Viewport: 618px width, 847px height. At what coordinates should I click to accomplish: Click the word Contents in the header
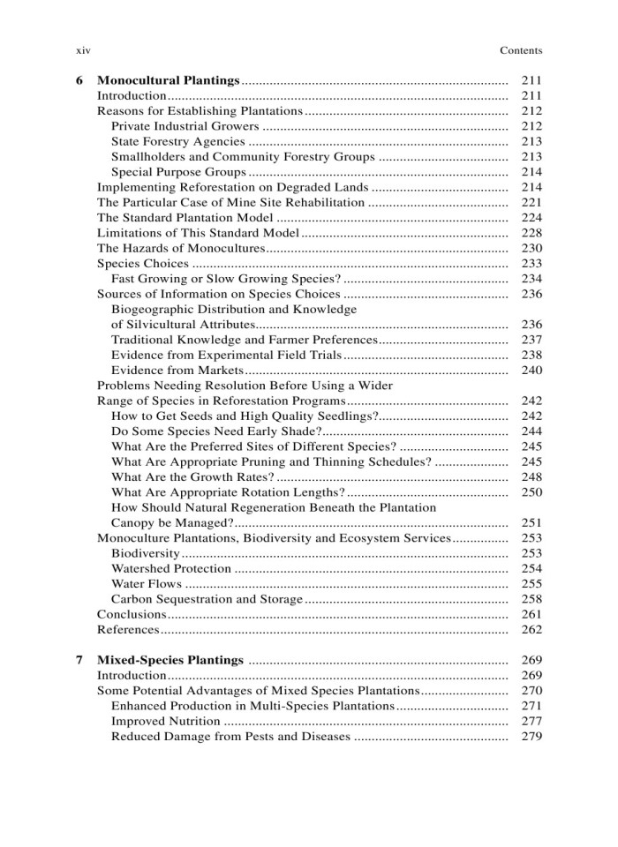pyautogui.click(x=521, y=50)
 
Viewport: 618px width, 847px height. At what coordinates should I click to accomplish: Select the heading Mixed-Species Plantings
pyautogui.click(x=170, y=660)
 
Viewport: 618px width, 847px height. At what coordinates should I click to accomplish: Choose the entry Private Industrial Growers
pyautogui.click(x=185, y=126)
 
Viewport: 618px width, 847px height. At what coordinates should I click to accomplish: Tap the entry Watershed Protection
pyautogui.click(x=171, y=568)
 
